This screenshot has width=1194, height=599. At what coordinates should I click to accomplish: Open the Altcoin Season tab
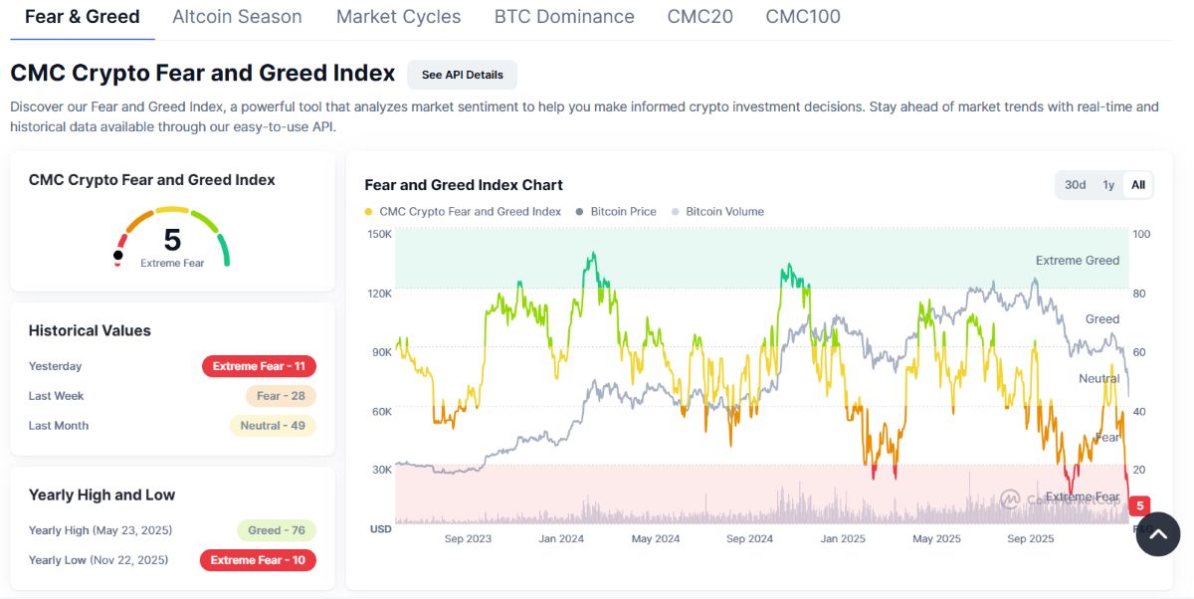(237, 17)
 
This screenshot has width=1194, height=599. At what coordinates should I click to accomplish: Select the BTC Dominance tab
(564, 17)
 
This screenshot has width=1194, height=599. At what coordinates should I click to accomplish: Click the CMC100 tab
(803, 17)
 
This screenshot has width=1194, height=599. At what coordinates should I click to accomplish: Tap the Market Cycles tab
(398, 17)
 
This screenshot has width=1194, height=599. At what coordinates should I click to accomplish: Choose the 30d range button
(1075, 185)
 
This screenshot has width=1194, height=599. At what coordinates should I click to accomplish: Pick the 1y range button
(1107, 185)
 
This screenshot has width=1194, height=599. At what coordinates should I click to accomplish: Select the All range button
(1137, 185)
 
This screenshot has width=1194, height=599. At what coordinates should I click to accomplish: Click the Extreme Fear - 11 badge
(259, 366)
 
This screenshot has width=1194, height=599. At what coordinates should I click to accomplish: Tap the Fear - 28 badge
(281, 396)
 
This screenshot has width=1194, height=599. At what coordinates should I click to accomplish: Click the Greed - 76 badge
(277, 530)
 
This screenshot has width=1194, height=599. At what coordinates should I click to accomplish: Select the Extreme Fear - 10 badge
(258, 560)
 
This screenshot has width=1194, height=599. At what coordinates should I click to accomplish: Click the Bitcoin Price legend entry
(623, 212)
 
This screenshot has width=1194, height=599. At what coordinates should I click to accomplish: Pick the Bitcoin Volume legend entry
(724, 212)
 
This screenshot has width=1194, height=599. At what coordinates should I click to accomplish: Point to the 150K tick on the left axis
(379, 235)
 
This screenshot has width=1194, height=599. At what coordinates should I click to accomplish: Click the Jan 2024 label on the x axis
(561, 539)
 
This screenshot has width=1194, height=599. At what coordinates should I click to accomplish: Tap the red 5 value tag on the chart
(1140, 505)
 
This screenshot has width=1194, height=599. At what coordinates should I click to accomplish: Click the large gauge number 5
(172, 240)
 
